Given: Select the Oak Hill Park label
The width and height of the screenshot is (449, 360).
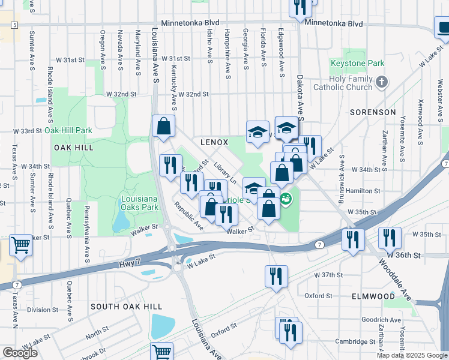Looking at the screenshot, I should (x=68, y=130).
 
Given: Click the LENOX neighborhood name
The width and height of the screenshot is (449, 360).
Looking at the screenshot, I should (x=214, y=142).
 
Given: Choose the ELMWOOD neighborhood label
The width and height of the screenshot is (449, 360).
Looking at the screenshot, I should (x=374, y=296).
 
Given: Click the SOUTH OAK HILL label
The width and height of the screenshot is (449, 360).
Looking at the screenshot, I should (x=119, y=307).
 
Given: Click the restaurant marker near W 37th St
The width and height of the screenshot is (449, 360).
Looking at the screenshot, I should (x=276, y=276).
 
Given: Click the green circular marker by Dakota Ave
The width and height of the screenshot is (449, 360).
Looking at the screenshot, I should (x=287, y=197).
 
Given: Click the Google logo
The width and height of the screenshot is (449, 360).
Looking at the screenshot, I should (x=20, y=353).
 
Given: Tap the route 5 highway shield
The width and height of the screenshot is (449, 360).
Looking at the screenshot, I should (x=14, y=25).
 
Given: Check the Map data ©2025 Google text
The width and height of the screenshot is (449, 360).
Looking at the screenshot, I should (x=412, y=355).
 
